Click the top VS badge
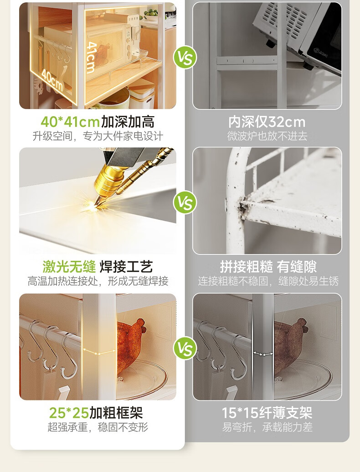pyautogui.click(x=185, y=57)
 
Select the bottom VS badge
pyautogui.click(x=185, y=348)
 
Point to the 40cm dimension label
pyautogui.click(x=52, y=79)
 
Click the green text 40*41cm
pyautogui.click(x=70, y=122)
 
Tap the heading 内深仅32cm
pyautogui.click(x=267, y=122)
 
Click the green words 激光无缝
pyautogui.click(x=69, y=266)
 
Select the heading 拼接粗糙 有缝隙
pyautogui.click(x=268, y=267)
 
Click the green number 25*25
pyautogui.click(x=69, y=413)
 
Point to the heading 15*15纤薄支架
pyautogui.click(x=267, y=413)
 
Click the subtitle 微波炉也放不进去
pyautogui.click(x=267, y=136)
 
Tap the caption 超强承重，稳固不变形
pyautogui.click(x=98, y=427)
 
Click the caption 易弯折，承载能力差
pyautogui.click(x=267, y=427)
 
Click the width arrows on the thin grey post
pyautogui.click(x=263, y=354)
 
